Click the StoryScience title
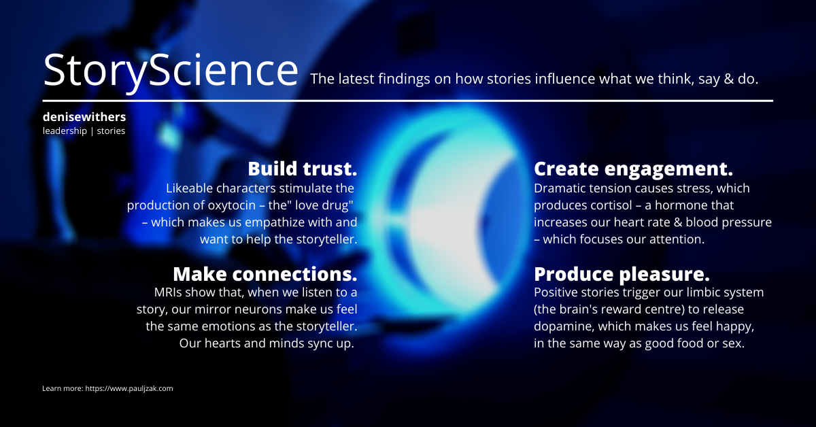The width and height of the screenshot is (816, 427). click(171, 71)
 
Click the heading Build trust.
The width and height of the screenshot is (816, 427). click(303, 169)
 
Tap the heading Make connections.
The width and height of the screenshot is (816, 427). click(265, 274)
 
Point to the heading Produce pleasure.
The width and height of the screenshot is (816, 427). click(622, 275)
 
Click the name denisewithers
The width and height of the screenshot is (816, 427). click(84, 117)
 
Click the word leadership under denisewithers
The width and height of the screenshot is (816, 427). click(65, 131)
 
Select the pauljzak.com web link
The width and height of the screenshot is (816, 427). click(129, 388)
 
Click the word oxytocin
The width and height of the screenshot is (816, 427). click(232, 205)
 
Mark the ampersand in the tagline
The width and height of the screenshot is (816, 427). click(728, 79)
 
